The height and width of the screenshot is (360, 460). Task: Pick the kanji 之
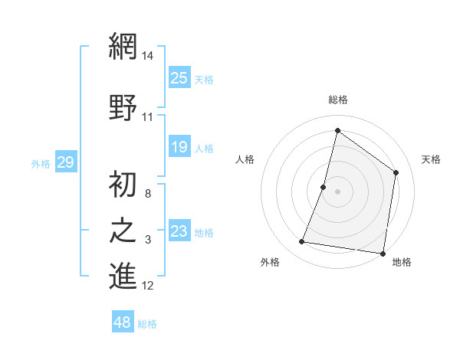point(123,231)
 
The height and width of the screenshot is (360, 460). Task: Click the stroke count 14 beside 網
point(149,56)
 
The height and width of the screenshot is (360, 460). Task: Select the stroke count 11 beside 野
point(148,117)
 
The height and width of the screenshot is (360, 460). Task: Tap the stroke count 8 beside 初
point(148,193)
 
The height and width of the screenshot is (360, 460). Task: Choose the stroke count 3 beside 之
point(148,241)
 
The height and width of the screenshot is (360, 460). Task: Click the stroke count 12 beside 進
point(148,286)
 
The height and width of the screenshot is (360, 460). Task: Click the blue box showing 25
point(179,77)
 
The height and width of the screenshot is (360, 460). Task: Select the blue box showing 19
point(179,146)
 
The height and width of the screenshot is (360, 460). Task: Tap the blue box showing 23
point(179,231)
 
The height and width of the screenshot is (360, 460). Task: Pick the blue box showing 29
point(65,162)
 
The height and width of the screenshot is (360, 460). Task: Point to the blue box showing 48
point(123,322)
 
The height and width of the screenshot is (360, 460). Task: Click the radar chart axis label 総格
point(337,100)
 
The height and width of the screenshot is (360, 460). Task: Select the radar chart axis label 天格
point(431,159)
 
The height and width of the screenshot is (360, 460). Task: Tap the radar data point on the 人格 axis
point(324,187)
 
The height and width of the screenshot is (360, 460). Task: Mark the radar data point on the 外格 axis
point(302,242)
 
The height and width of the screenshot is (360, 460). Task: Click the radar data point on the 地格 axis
point(383,253)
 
